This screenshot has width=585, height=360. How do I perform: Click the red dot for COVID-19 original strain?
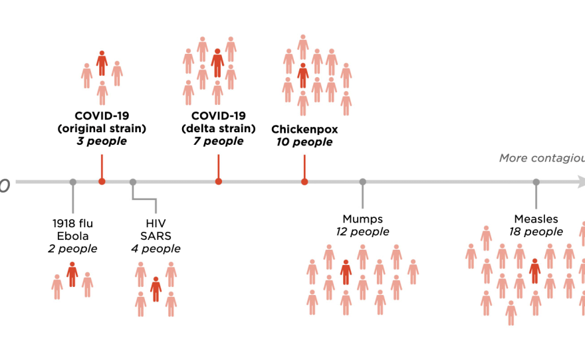pos(102,181)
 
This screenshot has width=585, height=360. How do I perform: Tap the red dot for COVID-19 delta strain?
pos(219,181)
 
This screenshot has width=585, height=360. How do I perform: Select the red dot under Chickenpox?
pos(304,181)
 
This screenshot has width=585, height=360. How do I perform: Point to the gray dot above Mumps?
pos(362,181)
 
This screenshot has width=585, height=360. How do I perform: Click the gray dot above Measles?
pos(536,181)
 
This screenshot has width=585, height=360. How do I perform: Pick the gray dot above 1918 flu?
pos(72,181)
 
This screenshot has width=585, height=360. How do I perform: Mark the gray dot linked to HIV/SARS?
pos(133,181)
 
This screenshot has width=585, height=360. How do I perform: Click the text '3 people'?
pos(102,141)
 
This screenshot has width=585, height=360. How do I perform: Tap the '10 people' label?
pos(304,142)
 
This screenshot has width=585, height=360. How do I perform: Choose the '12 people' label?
pos(362,232)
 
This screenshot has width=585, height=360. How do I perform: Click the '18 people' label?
pos(536,232)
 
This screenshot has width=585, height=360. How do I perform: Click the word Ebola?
pos(72,235)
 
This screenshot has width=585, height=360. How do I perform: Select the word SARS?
pos(156,235)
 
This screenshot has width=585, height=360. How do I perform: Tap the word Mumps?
pos(362,219)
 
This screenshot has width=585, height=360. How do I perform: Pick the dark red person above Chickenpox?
pos(303,75)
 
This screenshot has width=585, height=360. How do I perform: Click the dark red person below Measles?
pos(534,270)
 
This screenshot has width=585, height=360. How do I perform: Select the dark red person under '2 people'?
pos(72,273)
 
